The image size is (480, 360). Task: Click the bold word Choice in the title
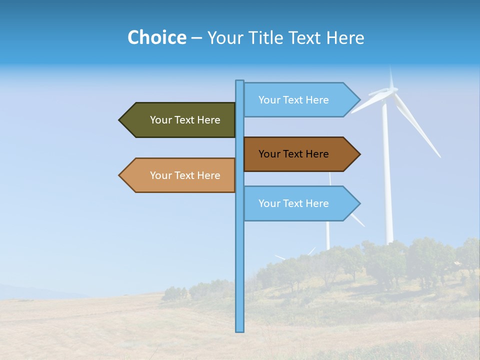click(x=156, y=37)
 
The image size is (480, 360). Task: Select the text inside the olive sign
click(x=185, y=120)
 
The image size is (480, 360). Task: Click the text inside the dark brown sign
click(x=293, y=154)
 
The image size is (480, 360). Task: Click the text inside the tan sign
click(x=185, y=175)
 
